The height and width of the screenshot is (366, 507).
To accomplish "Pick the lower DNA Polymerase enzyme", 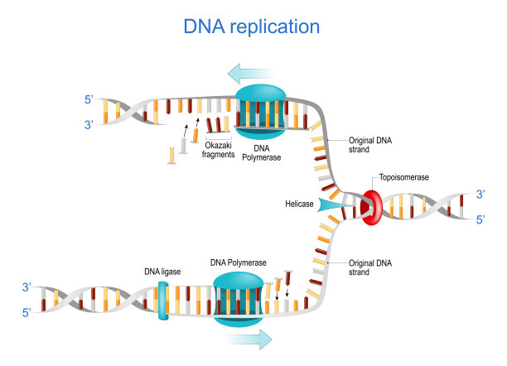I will click(x=239, y=296).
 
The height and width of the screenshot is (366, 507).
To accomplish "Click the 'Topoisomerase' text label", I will click(x=405, y=177).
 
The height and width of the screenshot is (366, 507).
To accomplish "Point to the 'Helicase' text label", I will click(x=297, y=204).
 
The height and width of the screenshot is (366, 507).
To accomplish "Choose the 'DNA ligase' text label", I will click(x=162, y=271).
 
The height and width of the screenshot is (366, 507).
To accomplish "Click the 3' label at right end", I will click(x=482, y=194).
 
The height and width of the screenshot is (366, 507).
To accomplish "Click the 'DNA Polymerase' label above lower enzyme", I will click(x=239, y=262).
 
